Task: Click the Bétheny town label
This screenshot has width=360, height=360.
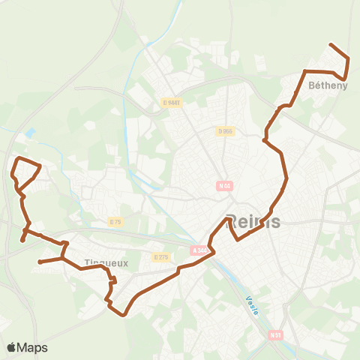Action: pyautogui.click(x=328, y=86)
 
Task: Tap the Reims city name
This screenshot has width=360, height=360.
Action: pyautogui.click(x=253, y=221)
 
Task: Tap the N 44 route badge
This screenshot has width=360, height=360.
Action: pyautogui.click(x=223, y=185)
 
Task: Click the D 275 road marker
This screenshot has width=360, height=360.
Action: pyautogui.click(x=160, y=256)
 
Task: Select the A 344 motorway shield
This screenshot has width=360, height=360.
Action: pyautogui.click(x=199, y=250)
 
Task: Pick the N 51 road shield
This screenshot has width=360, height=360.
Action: pyautogui.click(x=277, y=335)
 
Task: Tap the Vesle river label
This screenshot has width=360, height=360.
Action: pyautogui.click(x=251, y=305)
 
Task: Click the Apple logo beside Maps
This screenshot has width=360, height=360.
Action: pyautogui.click(x=11, y=347)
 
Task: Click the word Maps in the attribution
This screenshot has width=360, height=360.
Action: pyautogui.click(x=33, y=347)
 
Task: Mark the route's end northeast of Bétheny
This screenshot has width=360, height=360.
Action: pyautogui.click(x=331, y=45)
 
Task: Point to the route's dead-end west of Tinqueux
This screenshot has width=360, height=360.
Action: pyautogui.click(x=39, y=262)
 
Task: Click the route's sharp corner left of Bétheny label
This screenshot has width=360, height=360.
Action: pyautogui.click(x=304, y=71)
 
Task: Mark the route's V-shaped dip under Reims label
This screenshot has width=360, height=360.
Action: pyautogui.click(x=238, y=239)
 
